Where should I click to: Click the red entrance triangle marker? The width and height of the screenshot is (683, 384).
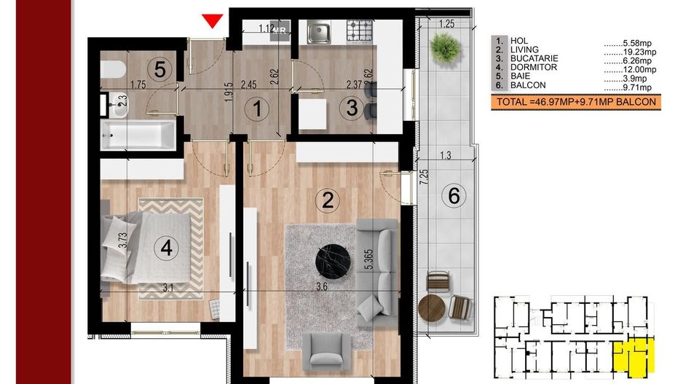tap(212, 20)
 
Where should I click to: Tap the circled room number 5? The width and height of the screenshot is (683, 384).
tap(160, 69)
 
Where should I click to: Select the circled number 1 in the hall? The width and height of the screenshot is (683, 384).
tap(257, 108)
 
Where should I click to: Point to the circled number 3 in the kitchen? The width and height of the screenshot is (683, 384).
tap(352, 108)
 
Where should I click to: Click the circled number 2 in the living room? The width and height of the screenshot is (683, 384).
tap(328, 200)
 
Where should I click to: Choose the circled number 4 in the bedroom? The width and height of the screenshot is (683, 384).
tap(167, 248)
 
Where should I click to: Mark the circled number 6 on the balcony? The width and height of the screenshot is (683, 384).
tap(454, 195)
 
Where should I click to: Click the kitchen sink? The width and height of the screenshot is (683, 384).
tap(318, 32)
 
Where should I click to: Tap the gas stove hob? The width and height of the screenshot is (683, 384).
tap(360, 31)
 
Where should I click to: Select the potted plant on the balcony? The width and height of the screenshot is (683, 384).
tap(445, 48)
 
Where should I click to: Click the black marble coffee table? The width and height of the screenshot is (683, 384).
tap(333, 261)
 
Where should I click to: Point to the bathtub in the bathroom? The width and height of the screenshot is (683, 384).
tap(138, 135)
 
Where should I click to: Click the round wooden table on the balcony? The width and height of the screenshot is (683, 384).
tap(432, 309)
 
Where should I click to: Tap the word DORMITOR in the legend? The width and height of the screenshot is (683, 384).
tap(534, 68)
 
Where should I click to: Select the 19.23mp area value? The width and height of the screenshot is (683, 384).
tap(639, 52)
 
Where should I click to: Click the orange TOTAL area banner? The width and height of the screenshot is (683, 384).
tap(576, 103)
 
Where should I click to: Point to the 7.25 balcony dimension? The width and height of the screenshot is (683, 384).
tap(424, 177)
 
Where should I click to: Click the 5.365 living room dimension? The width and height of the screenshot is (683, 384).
tap(368, 259)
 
